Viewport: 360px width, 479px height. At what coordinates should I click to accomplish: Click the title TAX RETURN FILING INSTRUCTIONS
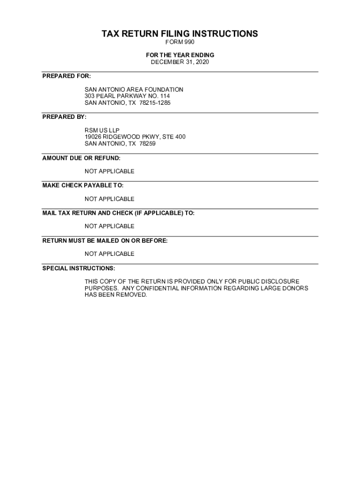click(x=180, y=34)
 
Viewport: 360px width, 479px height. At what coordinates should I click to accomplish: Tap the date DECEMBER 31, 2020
click(x=180, y=62)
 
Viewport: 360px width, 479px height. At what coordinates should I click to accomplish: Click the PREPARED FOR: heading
click(x=67, y=76)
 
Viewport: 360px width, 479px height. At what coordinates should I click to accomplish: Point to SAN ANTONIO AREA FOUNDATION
click(x=134, y=89)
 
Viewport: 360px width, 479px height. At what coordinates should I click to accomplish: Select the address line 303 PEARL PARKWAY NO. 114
click(x=124, y=96)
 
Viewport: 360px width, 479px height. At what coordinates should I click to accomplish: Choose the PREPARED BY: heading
click(x=65, y=116)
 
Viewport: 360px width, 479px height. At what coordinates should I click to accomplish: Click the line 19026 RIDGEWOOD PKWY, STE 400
click(x=135, y=137)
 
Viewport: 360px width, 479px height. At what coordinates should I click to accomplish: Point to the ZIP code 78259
click(x=147, y=144)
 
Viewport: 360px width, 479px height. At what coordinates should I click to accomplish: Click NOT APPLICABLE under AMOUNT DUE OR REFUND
click(x=109, y=171)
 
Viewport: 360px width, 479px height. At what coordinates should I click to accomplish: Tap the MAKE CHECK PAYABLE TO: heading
click(x=83, y=185)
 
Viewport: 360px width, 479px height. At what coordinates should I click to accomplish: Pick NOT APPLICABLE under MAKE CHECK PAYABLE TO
click(x=109, y=199)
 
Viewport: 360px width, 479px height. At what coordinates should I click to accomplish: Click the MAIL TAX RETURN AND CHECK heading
click(x=118, y=213)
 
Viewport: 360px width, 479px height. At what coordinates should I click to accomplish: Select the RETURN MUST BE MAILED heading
click(x=105, y=240)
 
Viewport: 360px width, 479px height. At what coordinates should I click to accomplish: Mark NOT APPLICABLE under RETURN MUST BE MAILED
click(x=109, y=254)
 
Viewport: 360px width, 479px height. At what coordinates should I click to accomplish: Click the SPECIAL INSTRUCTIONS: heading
click(x=79, y=268)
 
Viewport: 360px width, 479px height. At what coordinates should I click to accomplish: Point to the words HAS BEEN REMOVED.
click(x=115, y=295)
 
